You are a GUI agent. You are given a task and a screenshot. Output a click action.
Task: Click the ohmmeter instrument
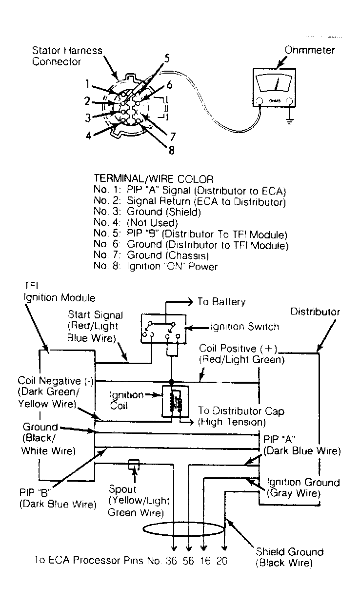point(273,87)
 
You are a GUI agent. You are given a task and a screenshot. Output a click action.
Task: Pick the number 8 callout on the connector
point(171,150)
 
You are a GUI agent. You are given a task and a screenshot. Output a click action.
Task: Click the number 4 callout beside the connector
point(88,135)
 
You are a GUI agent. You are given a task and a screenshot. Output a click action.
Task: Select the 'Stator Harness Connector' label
point(67,56)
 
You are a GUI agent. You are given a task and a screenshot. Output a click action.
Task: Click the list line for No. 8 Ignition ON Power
point(155,266)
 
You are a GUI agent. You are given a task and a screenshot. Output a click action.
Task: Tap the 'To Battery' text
point(221,302)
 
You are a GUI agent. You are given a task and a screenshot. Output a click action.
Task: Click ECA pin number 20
point(221,561)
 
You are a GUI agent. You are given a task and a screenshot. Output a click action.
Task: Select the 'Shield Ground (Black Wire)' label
point(289,557)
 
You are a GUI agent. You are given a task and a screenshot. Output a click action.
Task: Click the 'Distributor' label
point(315,312)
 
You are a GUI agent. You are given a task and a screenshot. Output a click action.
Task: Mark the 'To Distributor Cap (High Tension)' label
point(241,416)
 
